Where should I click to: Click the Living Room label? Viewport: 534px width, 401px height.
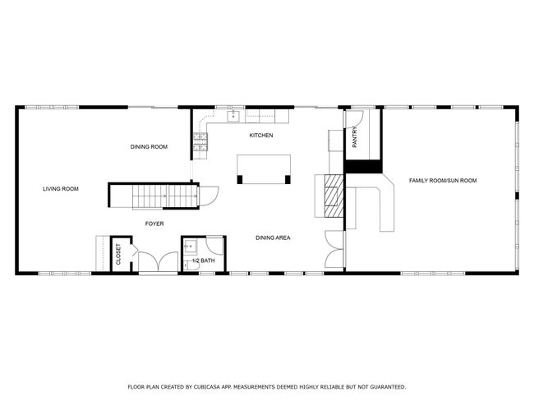tap(61, 189)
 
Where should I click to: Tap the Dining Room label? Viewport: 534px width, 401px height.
tap(149, 147)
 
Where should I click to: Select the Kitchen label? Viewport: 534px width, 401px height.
tap(261, 136)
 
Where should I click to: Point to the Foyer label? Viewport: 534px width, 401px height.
tap(154, 224)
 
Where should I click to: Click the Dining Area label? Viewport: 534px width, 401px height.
tap(273, 237)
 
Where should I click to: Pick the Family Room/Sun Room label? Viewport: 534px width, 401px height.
tap(443, 181)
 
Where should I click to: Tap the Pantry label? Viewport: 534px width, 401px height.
tap(355, 137)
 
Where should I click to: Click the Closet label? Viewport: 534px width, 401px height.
tap(118, 254)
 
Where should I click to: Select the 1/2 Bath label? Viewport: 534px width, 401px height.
tap(204, 260)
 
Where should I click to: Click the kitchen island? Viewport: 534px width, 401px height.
tap(264, 169)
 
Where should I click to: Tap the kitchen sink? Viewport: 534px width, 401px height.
tap(233, 116)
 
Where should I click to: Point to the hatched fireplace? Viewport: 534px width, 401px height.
tap(334, 196)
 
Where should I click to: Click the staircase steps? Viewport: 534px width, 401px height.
tap(165, 196)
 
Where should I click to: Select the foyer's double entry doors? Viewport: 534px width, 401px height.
tap(158, 261)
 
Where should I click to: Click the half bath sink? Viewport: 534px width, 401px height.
tap(191, 247)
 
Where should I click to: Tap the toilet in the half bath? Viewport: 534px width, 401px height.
tap(191, 265)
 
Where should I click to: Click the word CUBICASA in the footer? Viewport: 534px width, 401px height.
tap(205, 387)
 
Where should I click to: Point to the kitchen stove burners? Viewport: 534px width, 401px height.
tap(200, 141)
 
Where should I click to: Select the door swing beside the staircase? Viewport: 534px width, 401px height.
tap(209, 196)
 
